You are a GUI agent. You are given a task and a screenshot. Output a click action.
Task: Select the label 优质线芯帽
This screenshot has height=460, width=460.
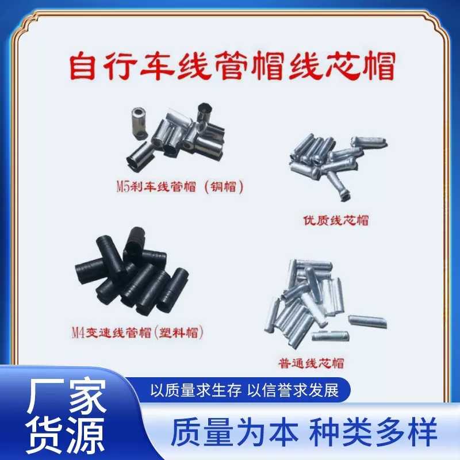[335, 220]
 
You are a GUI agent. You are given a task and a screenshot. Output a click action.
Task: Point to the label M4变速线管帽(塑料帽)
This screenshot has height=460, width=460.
[138, 332]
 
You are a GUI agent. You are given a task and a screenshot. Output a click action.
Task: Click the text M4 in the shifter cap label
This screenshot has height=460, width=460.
[78, 332]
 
